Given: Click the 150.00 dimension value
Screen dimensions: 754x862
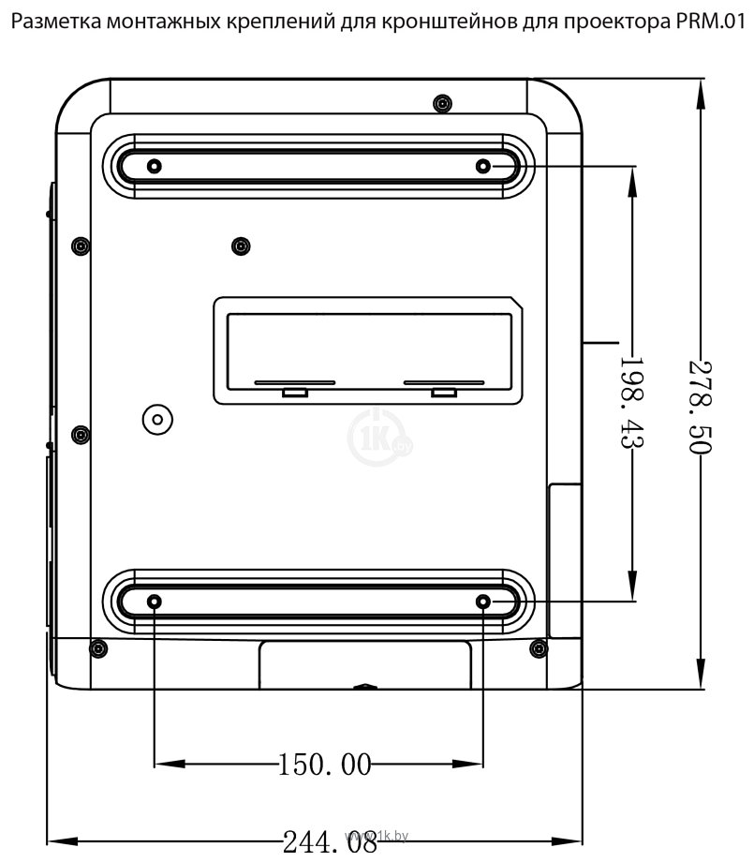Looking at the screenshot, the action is click(325, 765).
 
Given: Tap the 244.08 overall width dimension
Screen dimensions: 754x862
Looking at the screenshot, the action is click(330, 841).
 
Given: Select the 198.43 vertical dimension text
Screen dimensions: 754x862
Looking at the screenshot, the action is click(632, 403).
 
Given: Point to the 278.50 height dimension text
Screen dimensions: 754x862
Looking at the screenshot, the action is click(701, 407).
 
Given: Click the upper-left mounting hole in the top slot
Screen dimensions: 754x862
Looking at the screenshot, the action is click(155, 166).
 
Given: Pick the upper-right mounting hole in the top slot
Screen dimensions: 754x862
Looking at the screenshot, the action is click(483, 166).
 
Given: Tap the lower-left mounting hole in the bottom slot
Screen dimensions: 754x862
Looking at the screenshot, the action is click(155, 602).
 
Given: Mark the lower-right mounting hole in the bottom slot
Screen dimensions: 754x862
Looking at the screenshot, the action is click(483, 602).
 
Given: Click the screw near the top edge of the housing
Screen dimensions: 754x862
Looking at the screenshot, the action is click(442, 103).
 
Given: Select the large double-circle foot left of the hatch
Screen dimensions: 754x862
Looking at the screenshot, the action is click(157, 420).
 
